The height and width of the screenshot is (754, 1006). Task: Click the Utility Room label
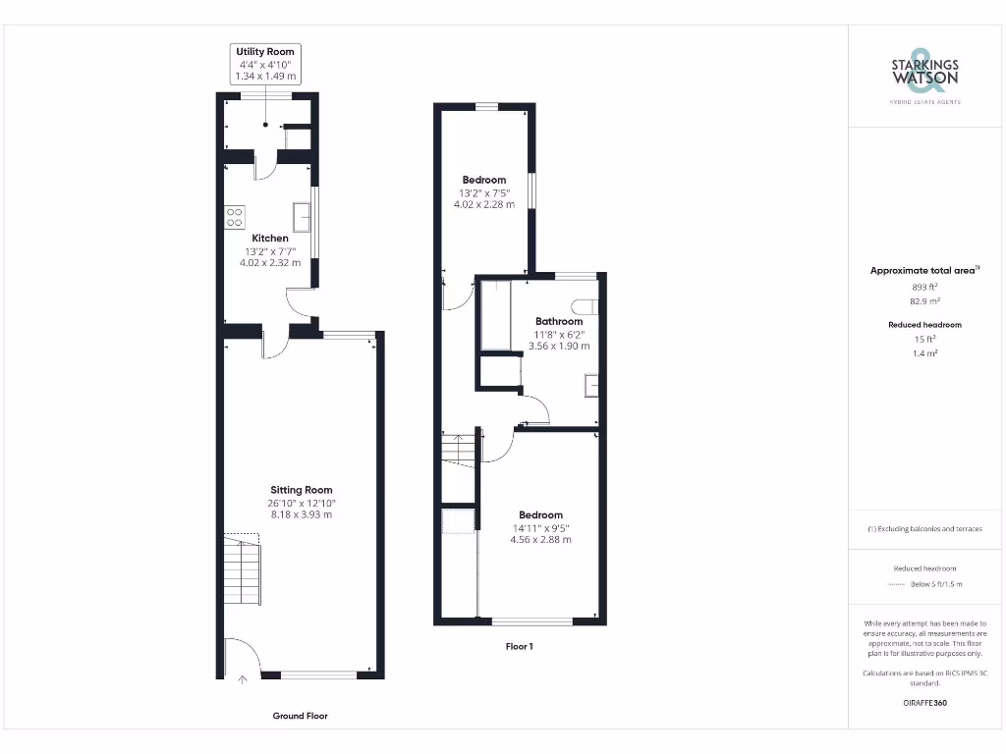tap(264, 51)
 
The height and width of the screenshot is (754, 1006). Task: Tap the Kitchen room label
tap(270, 239)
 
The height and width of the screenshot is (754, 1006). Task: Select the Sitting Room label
tap(302, 490)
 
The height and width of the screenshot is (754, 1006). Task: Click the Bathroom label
tap(559, 321)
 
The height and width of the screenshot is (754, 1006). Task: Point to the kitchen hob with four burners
tap(235, 216)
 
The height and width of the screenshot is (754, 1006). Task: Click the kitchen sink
tap(302, 217)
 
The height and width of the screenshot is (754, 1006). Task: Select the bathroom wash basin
tap(592, 385)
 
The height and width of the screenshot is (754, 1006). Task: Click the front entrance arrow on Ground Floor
tap(243, 677)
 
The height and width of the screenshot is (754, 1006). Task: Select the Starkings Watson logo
tap(924, 74)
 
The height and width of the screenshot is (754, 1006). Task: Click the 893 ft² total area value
tap(924, 287)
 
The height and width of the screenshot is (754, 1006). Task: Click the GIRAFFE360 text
tap(924, 703)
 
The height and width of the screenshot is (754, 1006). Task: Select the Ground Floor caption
tap(300, 716)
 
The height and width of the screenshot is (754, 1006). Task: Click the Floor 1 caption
tap(519, 646)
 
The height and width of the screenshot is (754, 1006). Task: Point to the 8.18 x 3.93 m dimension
tap(302, 513)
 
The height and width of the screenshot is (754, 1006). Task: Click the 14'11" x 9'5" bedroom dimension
tap(540, 527)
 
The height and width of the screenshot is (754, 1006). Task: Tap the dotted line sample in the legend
tap(894, 584)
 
